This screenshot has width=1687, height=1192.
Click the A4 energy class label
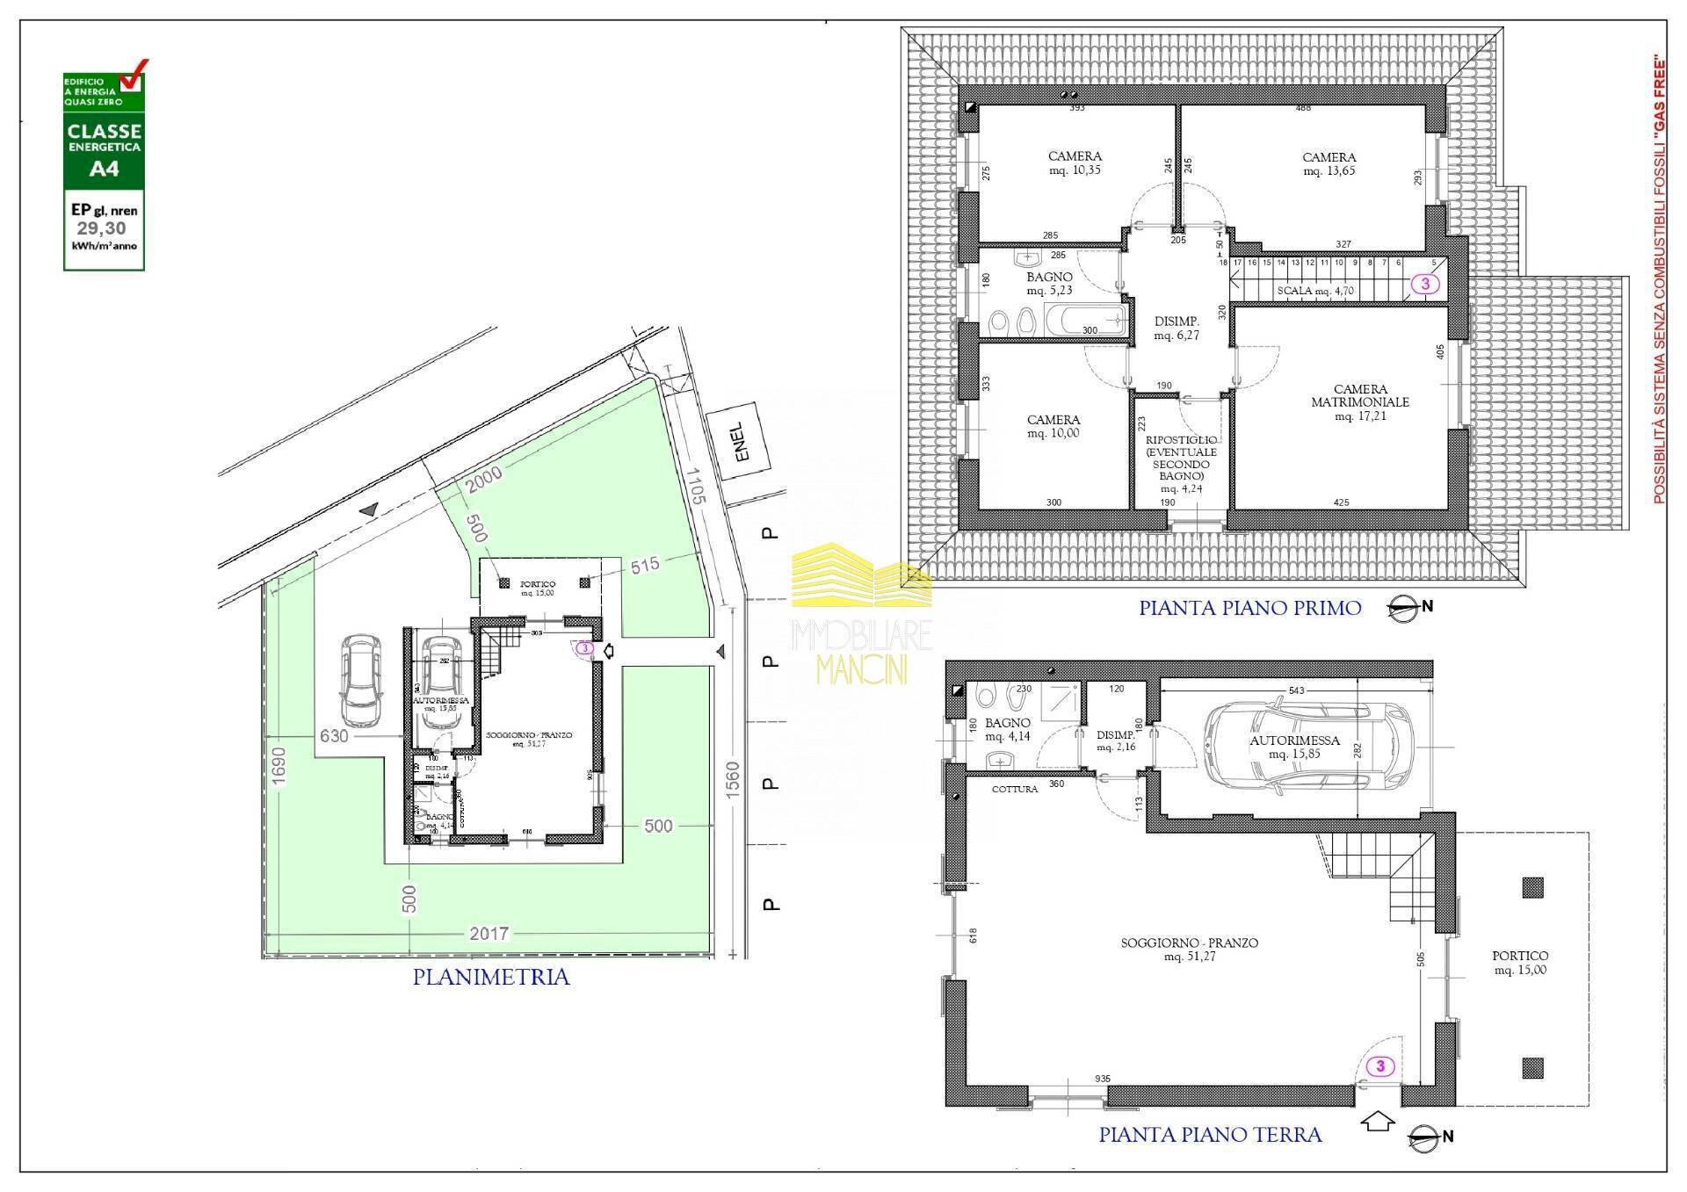pos(104,169)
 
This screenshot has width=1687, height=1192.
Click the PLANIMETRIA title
pos(491,977)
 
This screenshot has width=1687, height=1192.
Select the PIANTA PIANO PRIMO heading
pos(1249,608)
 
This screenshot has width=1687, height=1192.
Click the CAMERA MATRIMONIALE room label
pos(1360,401)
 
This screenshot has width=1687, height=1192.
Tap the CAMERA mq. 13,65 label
pos(1329,164)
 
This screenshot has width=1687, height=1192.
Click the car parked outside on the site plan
pos(362,680)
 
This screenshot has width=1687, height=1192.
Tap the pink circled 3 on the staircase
pos(1425,284)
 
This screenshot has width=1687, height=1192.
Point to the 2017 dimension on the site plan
pos(489,934)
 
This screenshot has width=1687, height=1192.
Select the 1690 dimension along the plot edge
pos(278,769)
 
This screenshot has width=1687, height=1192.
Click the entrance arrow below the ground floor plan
pos(1378,1122)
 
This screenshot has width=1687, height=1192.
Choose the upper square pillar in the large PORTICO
pos(1532,888)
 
